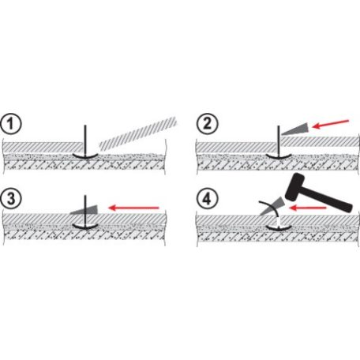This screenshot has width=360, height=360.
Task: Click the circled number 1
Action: pos(11,124)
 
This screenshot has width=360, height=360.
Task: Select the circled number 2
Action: pos(208,124)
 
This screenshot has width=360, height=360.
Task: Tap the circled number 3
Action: pos(11,199)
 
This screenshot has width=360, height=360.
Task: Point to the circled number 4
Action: pos(208,199)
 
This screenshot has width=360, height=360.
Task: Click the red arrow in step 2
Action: pos(331,124)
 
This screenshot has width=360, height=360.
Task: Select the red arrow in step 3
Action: pos(134,208)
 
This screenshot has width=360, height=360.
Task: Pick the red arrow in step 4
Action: pos(307,208)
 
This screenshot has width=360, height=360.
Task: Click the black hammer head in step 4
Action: pos(294,187)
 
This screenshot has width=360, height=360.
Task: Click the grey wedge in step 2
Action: pos(296,129)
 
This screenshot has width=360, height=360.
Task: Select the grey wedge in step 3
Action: pos(85,210)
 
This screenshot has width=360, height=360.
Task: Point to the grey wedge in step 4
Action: pos(272,207)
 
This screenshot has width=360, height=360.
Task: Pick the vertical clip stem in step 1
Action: pos(85,140)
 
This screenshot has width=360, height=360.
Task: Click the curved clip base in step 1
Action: pos(85,156)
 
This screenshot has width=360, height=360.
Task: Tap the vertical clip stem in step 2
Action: pos(279,140)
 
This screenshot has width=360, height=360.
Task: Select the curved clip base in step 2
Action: pos(279,156)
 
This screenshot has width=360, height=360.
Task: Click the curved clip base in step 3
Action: pos(85,227)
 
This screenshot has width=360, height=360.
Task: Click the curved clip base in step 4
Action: pos(279,228)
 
